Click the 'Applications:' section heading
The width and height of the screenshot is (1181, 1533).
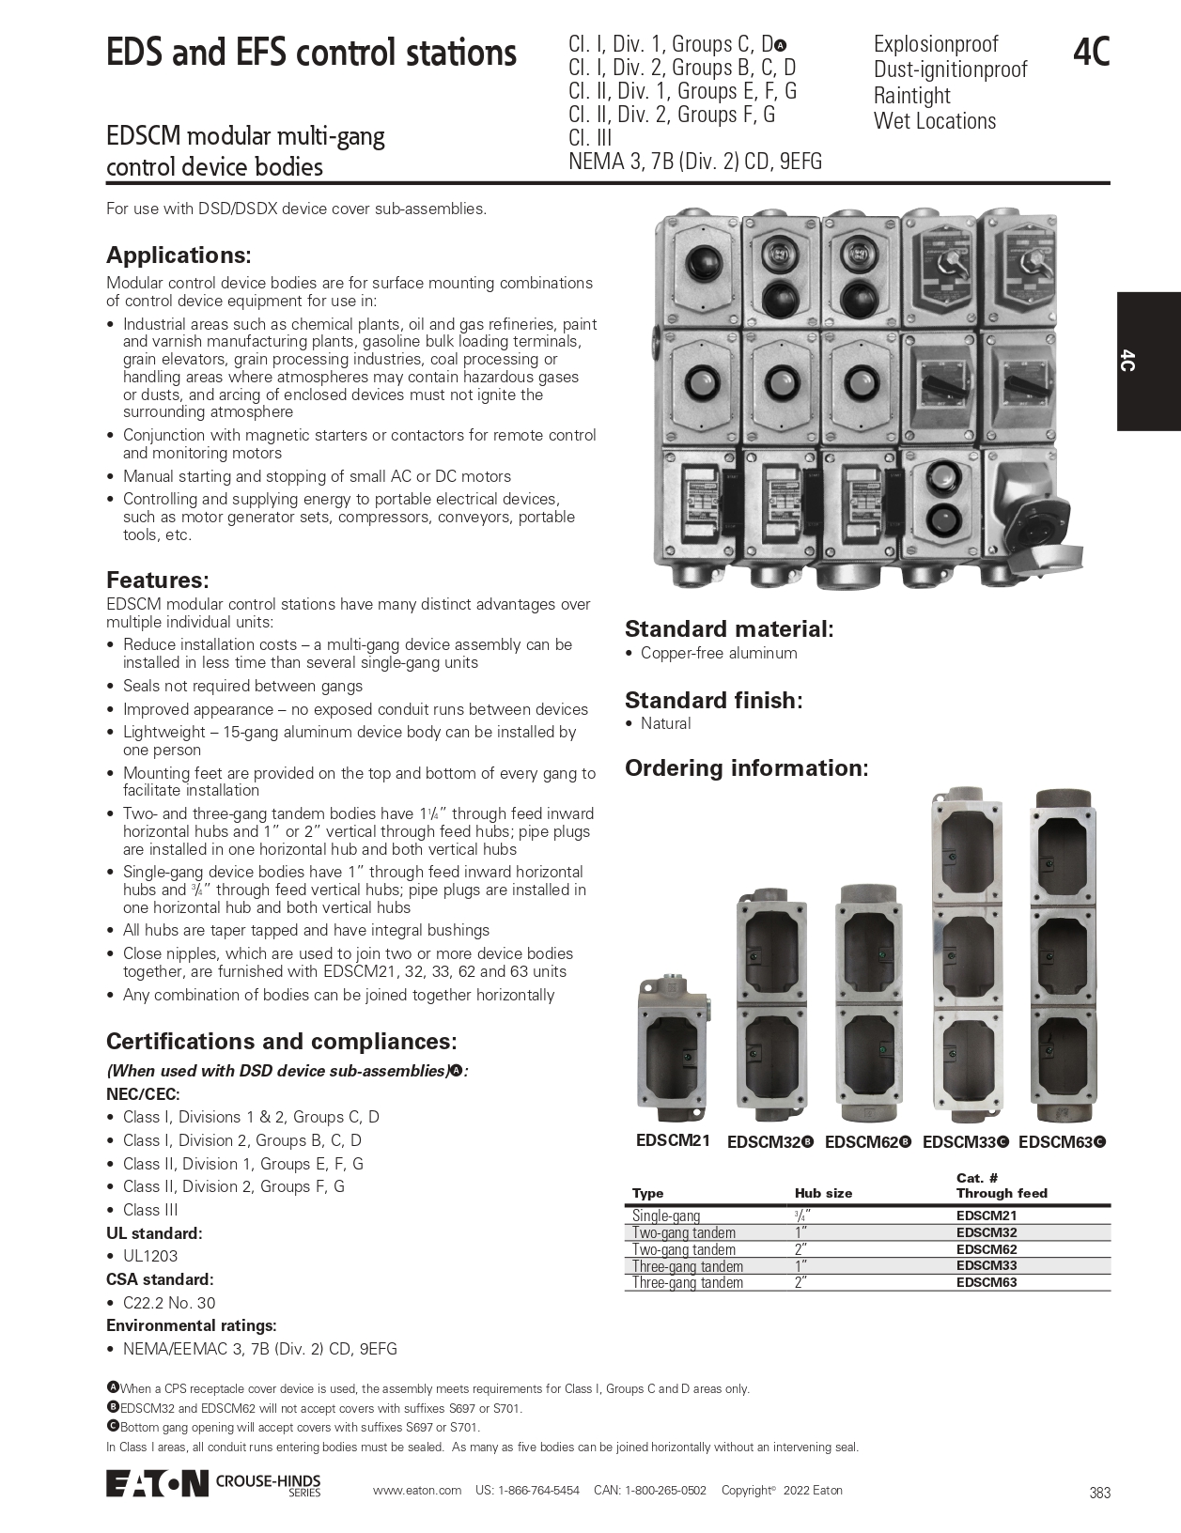pyautogui.click(x=179, y=255)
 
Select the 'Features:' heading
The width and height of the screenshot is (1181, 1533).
pyautogui.click(x=157, y=580)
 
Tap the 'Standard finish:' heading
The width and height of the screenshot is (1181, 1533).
pyautogui.click(x=714, y=701)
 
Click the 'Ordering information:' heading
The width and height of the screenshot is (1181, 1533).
pyautogui.click(x=747, y=768)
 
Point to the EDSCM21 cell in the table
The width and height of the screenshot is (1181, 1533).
pyautogui.click(x=987, y=1216)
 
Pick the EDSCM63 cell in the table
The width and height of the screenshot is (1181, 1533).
pyautogui.click(x=987, y=1282)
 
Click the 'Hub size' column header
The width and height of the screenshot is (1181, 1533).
pyautogui.click(x=823, y=1193)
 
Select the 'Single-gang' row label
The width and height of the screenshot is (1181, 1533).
pyautogui.click(x=666, y=1216)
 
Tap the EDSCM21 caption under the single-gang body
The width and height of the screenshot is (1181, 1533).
pyautogui.click(x=673, y=1140)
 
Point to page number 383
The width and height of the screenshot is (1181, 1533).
pyautogui.click(x=1100, y=1493)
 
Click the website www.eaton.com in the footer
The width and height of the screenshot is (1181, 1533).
pyautogui.click(x=417, y=1490)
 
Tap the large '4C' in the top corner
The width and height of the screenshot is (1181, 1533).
pyautogui.click(x=1091, y=53)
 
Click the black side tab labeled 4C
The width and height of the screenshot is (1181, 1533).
pyautogui.click(x=1148, y=361)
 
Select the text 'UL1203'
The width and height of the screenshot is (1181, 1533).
pyautogui.click(x=150, y=1256)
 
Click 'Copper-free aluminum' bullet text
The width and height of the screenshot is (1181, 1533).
pyautogui.click(x=719, y=653)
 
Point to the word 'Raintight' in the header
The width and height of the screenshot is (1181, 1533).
pyautogui.click(x=911, y=96)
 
